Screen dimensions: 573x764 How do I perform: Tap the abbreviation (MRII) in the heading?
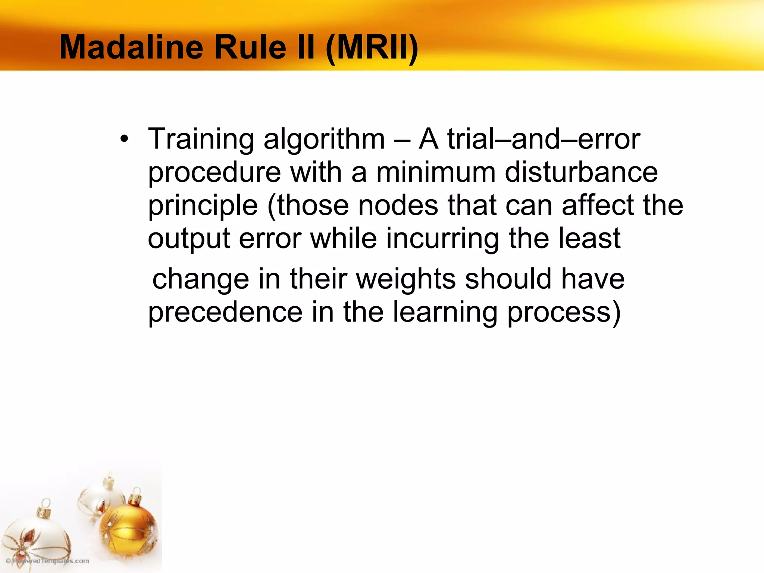click(x=372, y=48)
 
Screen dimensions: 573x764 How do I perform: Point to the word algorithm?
click(x=324, y=140)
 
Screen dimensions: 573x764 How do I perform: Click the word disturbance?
click(x=581, y=172)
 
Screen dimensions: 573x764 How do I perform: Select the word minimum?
click(x=436, y=172)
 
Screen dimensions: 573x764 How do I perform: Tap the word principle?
click(x=203, y=206)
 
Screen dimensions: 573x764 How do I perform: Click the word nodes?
click(x=398, y=205)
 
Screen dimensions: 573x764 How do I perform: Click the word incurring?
click(x=442, y=239)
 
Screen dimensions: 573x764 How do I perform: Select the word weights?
click(x=406, y=279)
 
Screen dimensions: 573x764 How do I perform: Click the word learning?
click(x=445, y=313)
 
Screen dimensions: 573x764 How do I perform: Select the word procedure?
click(x=215, y=173)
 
